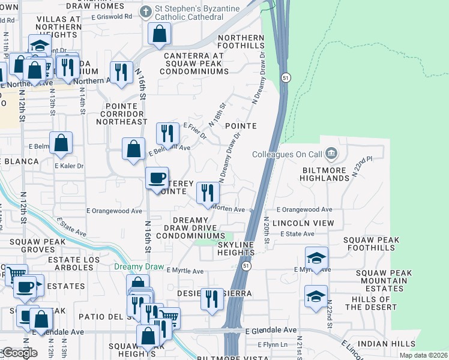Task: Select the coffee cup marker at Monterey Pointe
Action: point(157,178)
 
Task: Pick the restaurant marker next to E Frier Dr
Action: point(167,134)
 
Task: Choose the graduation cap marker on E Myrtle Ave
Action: point(316,258)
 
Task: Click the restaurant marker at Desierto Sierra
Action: point(211,299)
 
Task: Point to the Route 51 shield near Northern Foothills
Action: point(286,78)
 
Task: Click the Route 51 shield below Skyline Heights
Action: point(246,265)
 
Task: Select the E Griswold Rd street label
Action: point(112,16)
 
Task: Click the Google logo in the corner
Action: point(19,353)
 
